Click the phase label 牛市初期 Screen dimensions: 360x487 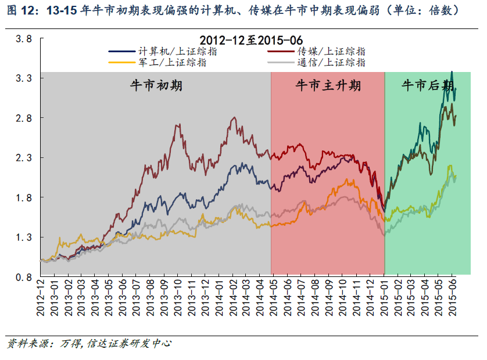tap(156, 86)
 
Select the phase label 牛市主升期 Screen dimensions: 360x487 tap(328, 86)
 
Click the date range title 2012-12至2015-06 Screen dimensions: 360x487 tap(251, 40)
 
